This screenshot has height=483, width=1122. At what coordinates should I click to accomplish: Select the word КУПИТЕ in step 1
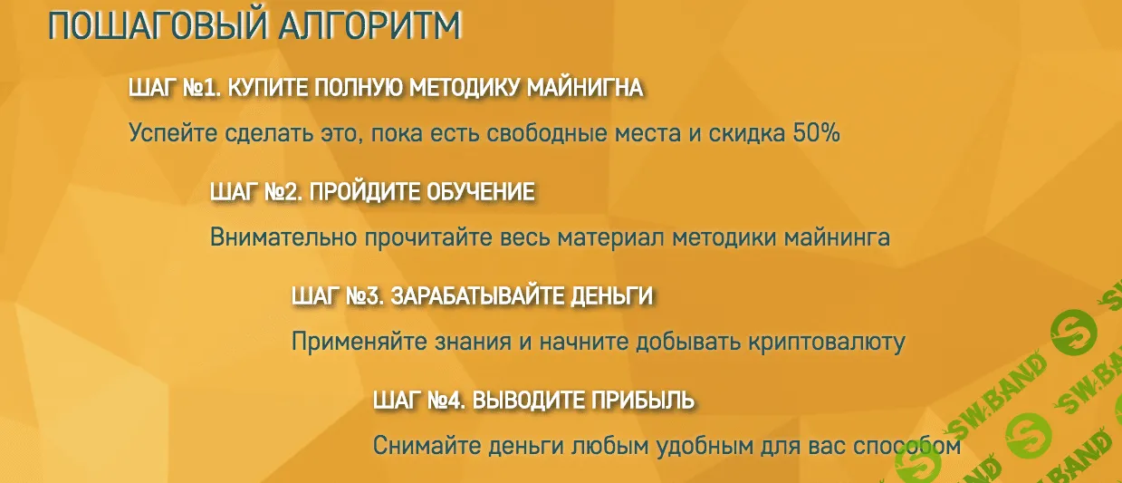tap(262, 88)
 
